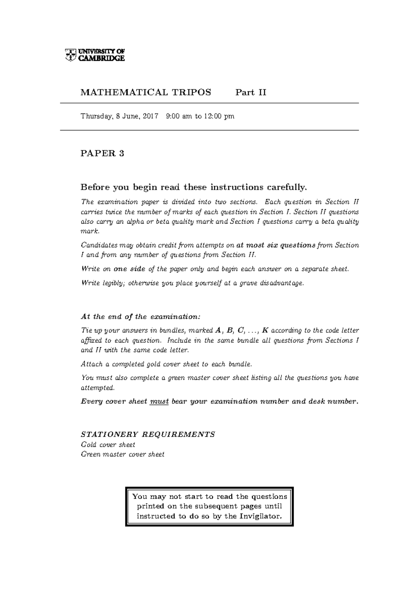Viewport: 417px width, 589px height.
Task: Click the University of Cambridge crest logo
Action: tap(71, 54)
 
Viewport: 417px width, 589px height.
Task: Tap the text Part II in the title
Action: tap(251, 92)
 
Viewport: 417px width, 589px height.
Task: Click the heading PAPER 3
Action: tap(102, 153)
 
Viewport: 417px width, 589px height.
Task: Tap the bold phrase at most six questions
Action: tap(276, 245)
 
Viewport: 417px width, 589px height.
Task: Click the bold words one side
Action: tap(129, 269)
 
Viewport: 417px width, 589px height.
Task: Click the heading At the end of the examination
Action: tap(140, 316)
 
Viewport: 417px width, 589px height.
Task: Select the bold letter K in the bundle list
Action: tap(265, 331)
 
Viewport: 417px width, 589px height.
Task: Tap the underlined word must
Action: tap(159, 401)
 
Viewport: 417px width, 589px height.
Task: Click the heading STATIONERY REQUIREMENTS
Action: tap(148, 434)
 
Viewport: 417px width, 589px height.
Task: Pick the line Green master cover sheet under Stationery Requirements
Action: tap(122, 454)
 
